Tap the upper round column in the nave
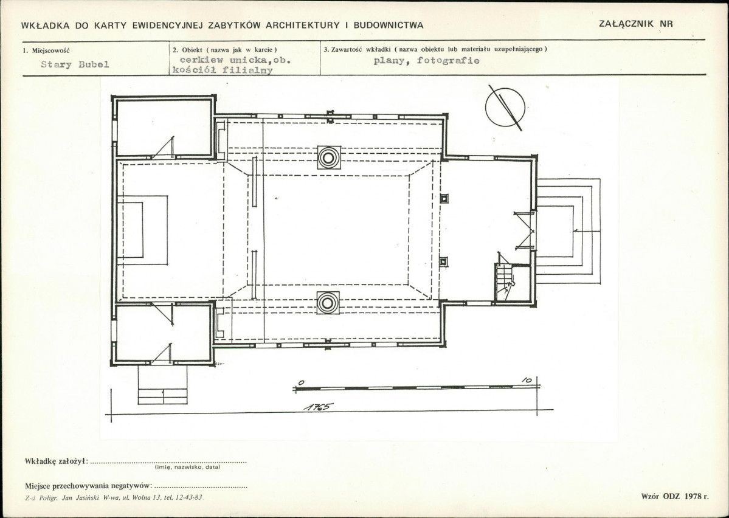pyautogui.click(x=329, y=157)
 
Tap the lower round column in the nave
pyautogui.click(x=328, y=303)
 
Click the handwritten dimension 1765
pyautogui.click(x=319, y=407)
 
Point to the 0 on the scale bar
pyautogui.click(x=301, y=382)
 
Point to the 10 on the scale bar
pyautogui.click(x=527, y=380)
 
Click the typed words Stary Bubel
pyautogui.click(x=75, y=64)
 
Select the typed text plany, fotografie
pyautogui.click(x=426, y=60)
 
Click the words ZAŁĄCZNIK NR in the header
pyautogui.click(x=635, y=24)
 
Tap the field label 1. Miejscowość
pyautogui.click(x=46, y=50)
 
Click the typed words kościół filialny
pyautogui.click(x=223, y=70)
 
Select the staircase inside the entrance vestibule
pyautogui.click(x=505, y=282)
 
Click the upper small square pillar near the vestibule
pyautogui.click(x=444, y=199)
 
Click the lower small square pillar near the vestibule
pyautogui.click(x=443, y=262)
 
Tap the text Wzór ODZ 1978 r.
pyautogui.click(x=675, y=496)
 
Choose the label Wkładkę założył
pyautogui.click(x=57, y=461)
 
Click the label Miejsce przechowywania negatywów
pyautogui.click(x=88, y=486)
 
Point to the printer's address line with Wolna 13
pyautogui.click(x=114, y=497)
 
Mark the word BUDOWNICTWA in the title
pyautogui.click(x=389, y=25)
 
